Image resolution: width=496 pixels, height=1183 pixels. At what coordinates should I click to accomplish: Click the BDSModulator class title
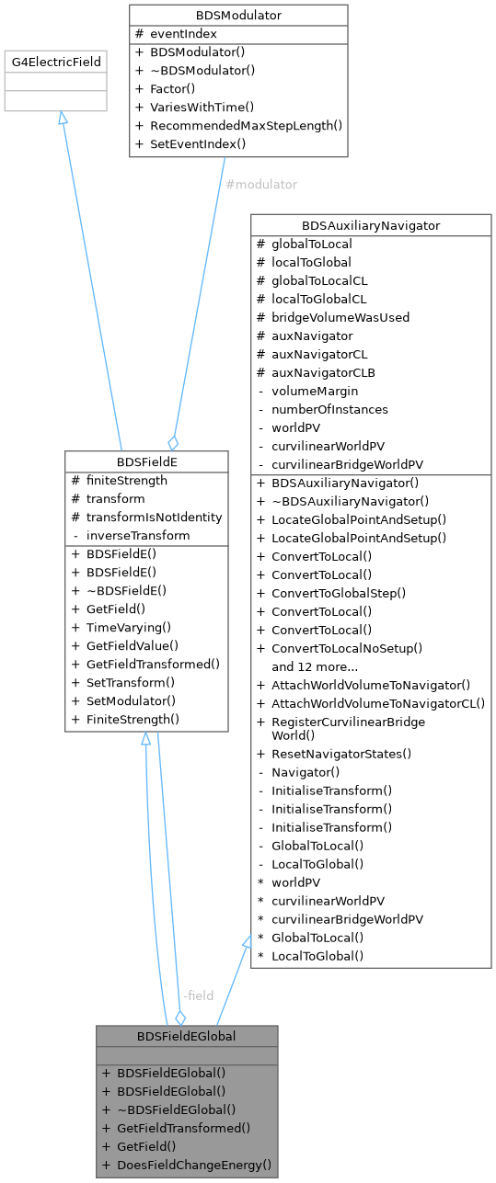(238, 16)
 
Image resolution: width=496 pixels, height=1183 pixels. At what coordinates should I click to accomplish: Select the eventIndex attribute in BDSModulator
(183, 34)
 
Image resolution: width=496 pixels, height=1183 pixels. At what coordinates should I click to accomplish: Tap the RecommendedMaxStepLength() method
(246, 126)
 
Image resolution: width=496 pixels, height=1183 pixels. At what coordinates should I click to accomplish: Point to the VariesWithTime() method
(202, 108)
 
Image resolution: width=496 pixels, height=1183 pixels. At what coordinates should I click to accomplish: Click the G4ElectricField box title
(56, 62)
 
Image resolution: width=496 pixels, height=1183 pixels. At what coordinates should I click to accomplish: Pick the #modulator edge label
(261, 185)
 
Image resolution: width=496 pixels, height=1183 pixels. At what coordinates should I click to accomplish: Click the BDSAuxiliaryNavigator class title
(371, 225)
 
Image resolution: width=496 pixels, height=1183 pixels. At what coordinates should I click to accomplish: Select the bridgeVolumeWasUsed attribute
(340, 317)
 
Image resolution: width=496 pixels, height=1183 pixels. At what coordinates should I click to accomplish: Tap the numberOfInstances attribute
(329, 409)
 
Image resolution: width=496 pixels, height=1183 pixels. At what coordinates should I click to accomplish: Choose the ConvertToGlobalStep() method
(339, 593)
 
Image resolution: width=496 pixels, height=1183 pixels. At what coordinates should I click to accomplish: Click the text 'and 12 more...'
(315, 666)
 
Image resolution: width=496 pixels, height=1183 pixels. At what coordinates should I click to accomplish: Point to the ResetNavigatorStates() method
(341, 754)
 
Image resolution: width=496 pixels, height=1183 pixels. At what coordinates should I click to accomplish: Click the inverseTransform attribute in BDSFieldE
(138, 536)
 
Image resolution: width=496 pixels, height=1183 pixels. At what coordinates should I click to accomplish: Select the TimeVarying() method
(129, 628)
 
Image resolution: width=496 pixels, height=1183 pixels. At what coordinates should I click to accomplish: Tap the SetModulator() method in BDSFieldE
(131, 700)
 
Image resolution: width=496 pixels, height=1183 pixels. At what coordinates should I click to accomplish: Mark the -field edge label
(198, 995)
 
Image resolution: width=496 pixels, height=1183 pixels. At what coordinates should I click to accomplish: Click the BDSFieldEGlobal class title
(186, 1036)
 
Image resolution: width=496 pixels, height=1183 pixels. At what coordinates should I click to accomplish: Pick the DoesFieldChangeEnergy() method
(194, 1165)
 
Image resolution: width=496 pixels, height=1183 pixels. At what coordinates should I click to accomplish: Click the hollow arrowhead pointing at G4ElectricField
(63, 118)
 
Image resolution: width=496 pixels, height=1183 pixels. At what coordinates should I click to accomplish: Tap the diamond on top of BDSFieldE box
(173, 443)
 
